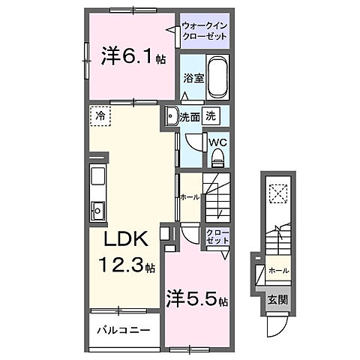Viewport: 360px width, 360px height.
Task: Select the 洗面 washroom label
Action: pos(190,116)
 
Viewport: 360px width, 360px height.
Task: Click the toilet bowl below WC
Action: pos(218,157)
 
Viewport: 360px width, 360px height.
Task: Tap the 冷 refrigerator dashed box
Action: pos(100,116)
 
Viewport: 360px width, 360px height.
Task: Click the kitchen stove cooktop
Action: pos(97,178)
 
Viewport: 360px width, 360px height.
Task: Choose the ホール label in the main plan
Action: pos(190,197)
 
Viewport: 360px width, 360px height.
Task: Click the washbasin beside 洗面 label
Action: pos(172,115)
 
